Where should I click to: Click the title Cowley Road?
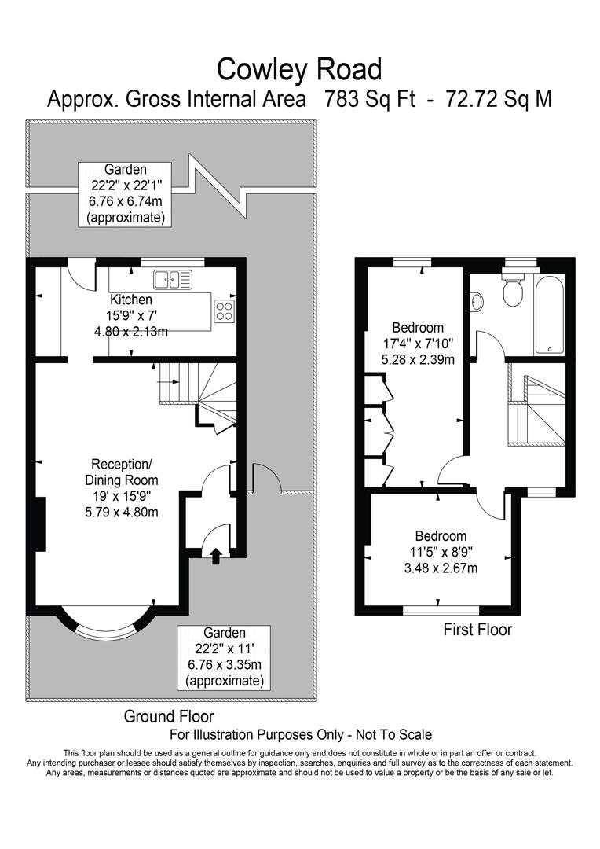click(x=299, y=69)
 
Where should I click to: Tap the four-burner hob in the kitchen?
click(x=224, y=311)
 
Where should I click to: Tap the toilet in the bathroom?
click(x=514, y=292)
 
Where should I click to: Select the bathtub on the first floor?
click(x=549, y=314)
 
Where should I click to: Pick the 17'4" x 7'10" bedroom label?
click(x=418, y=343)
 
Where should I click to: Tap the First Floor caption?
click(x=477, y=629)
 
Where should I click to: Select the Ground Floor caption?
click(x=168, y=716)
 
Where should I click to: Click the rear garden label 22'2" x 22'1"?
click(x=126, y=194)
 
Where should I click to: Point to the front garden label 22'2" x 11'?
click(x=224, y=656)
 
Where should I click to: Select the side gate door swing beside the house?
click(x=267, y=477)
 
